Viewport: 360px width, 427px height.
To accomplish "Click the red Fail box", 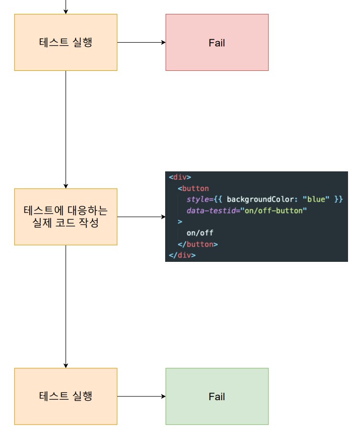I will (217, 42).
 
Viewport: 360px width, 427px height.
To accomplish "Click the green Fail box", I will (217, 396).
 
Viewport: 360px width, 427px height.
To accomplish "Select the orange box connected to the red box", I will (66, 42).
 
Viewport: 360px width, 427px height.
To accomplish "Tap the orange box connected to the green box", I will (66, 396).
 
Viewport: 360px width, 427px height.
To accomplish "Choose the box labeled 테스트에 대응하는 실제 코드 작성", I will (66, 216).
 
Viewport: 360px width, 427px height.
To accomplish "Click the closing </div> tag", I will (182, 255).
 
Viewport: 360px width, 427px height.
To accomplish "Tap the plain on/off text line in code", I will (200, 233).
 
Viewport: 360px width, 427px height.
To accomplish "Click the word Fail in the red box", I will (217, 43).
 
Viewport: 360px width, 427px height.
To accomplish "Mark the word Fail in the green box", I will (217, 396).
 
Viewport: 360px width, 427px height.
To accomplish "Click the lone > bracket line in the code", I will (180, 222).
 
